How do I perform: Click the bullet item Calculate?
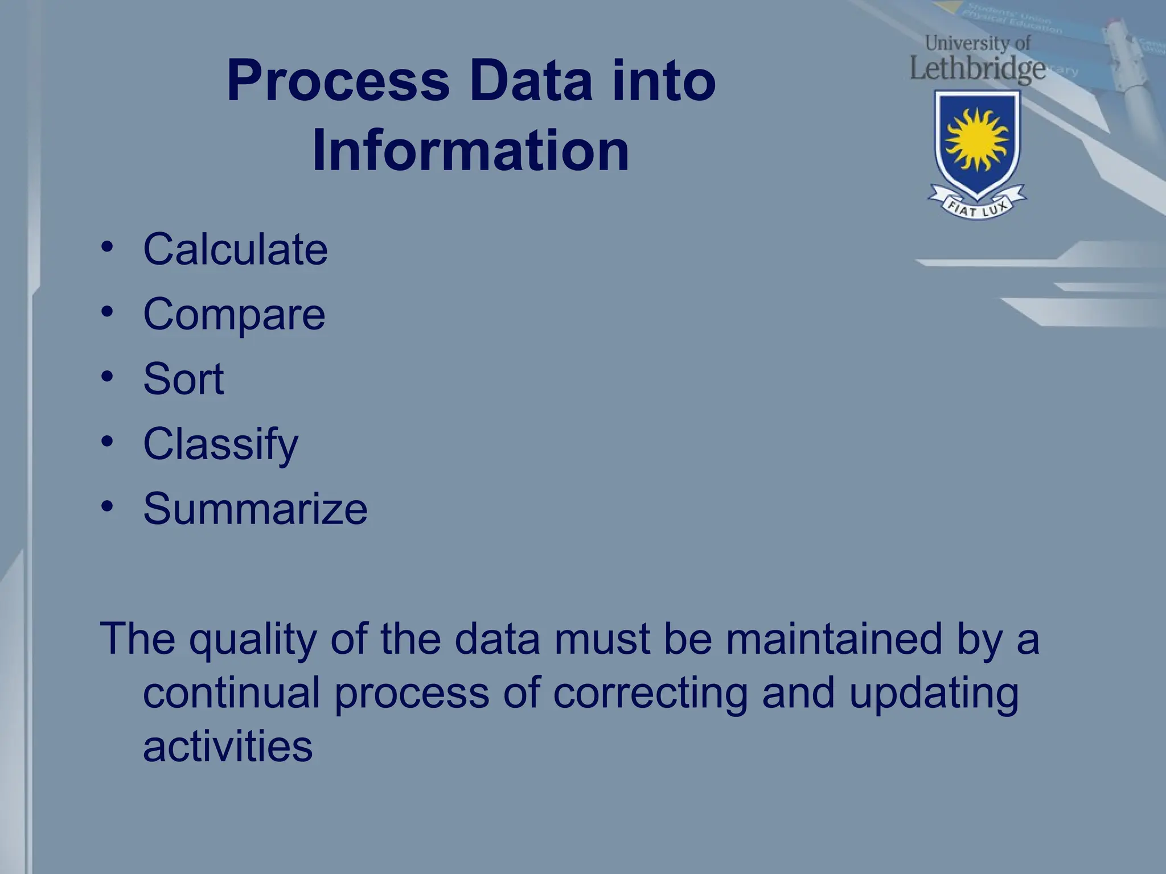point(235,249)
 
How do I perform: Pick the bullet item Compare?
point(234,314)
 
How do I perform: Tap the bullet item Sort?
point(183,379)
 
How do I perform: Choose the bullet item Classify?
point(220,444)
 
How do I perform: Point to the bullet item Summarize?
point(255,509)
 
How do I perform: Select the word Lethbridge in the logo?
point(977,68)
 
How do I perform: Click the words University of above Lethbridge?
point(977,43)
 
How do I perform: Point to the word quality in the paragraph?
point(253,640)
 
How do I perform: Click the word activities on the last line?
point(228,747)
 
